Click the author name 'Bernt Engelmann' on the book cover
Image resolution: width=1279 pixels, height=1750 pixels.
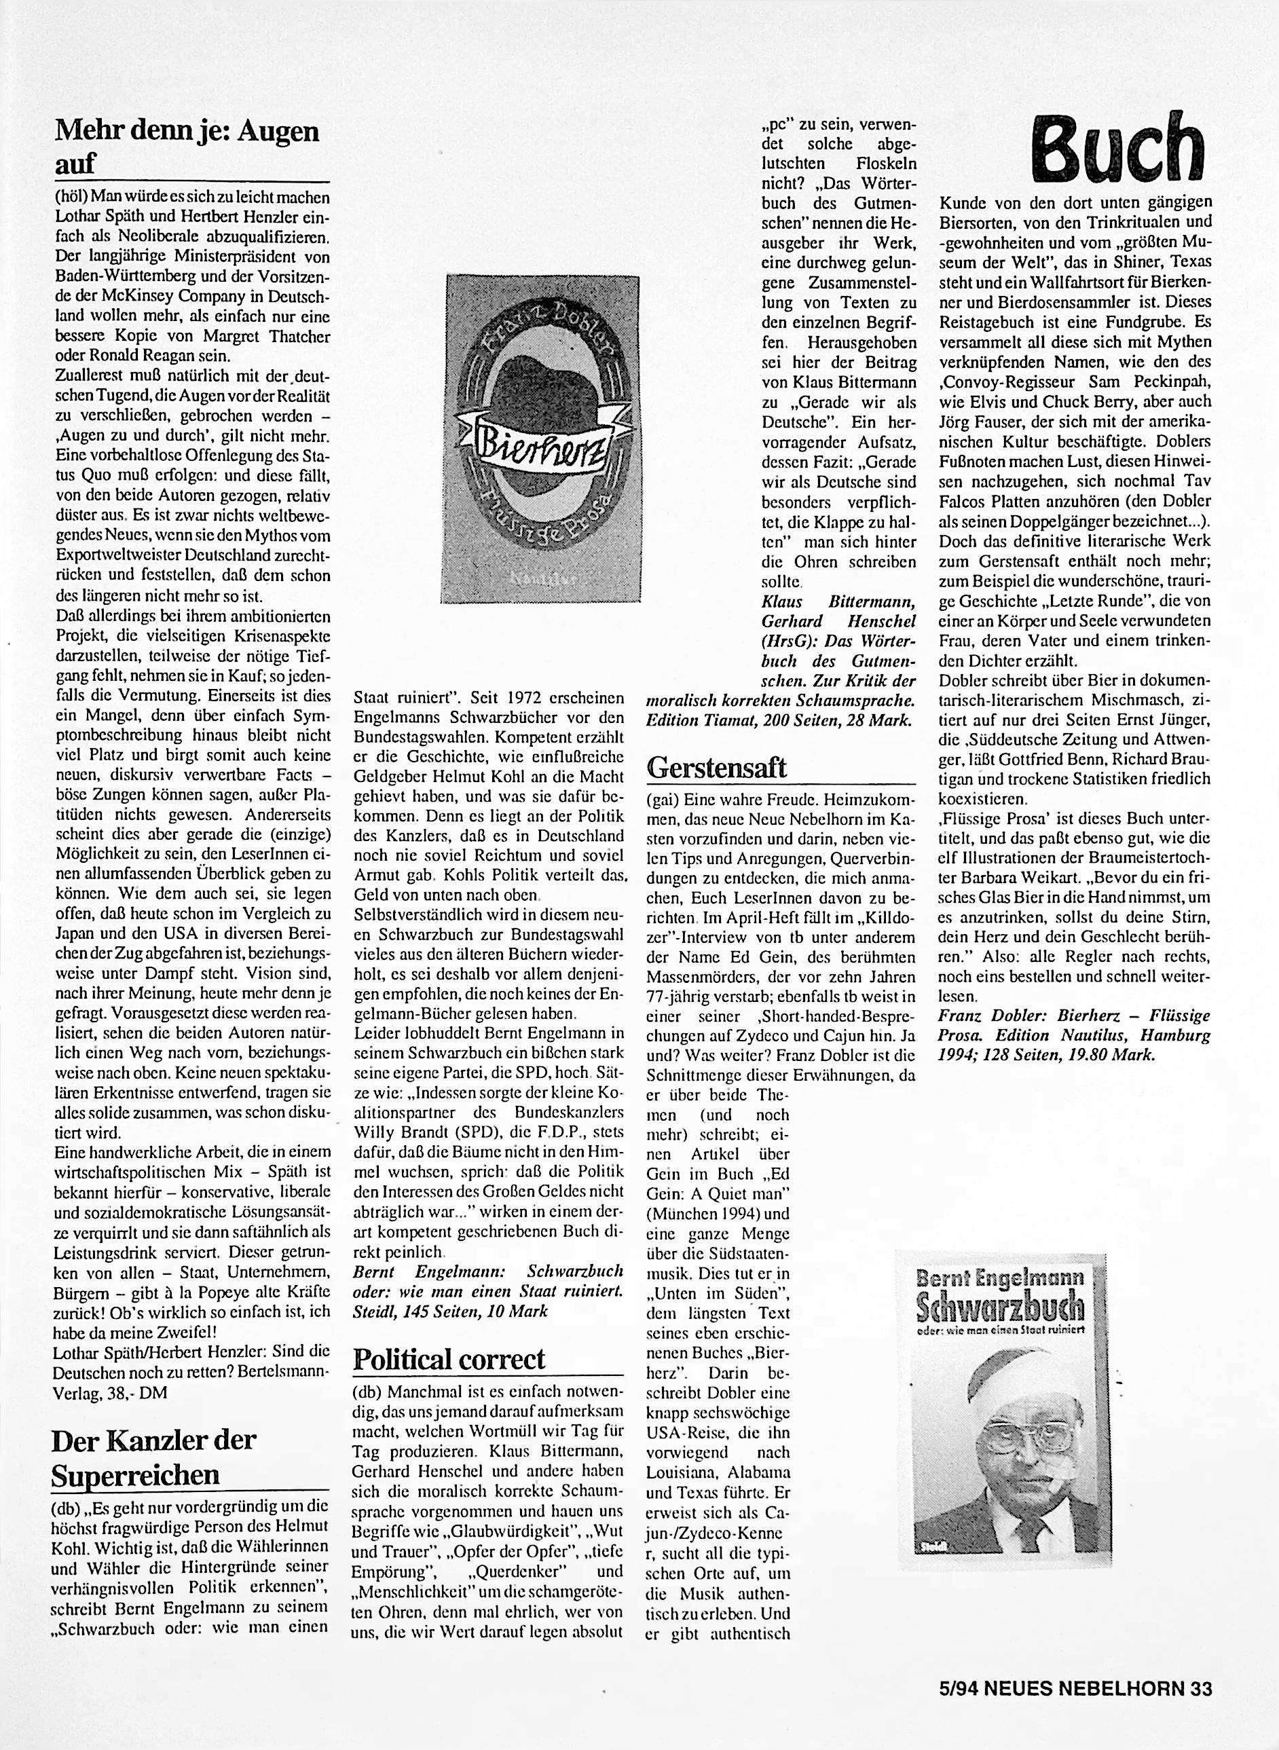[999, 1277]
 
